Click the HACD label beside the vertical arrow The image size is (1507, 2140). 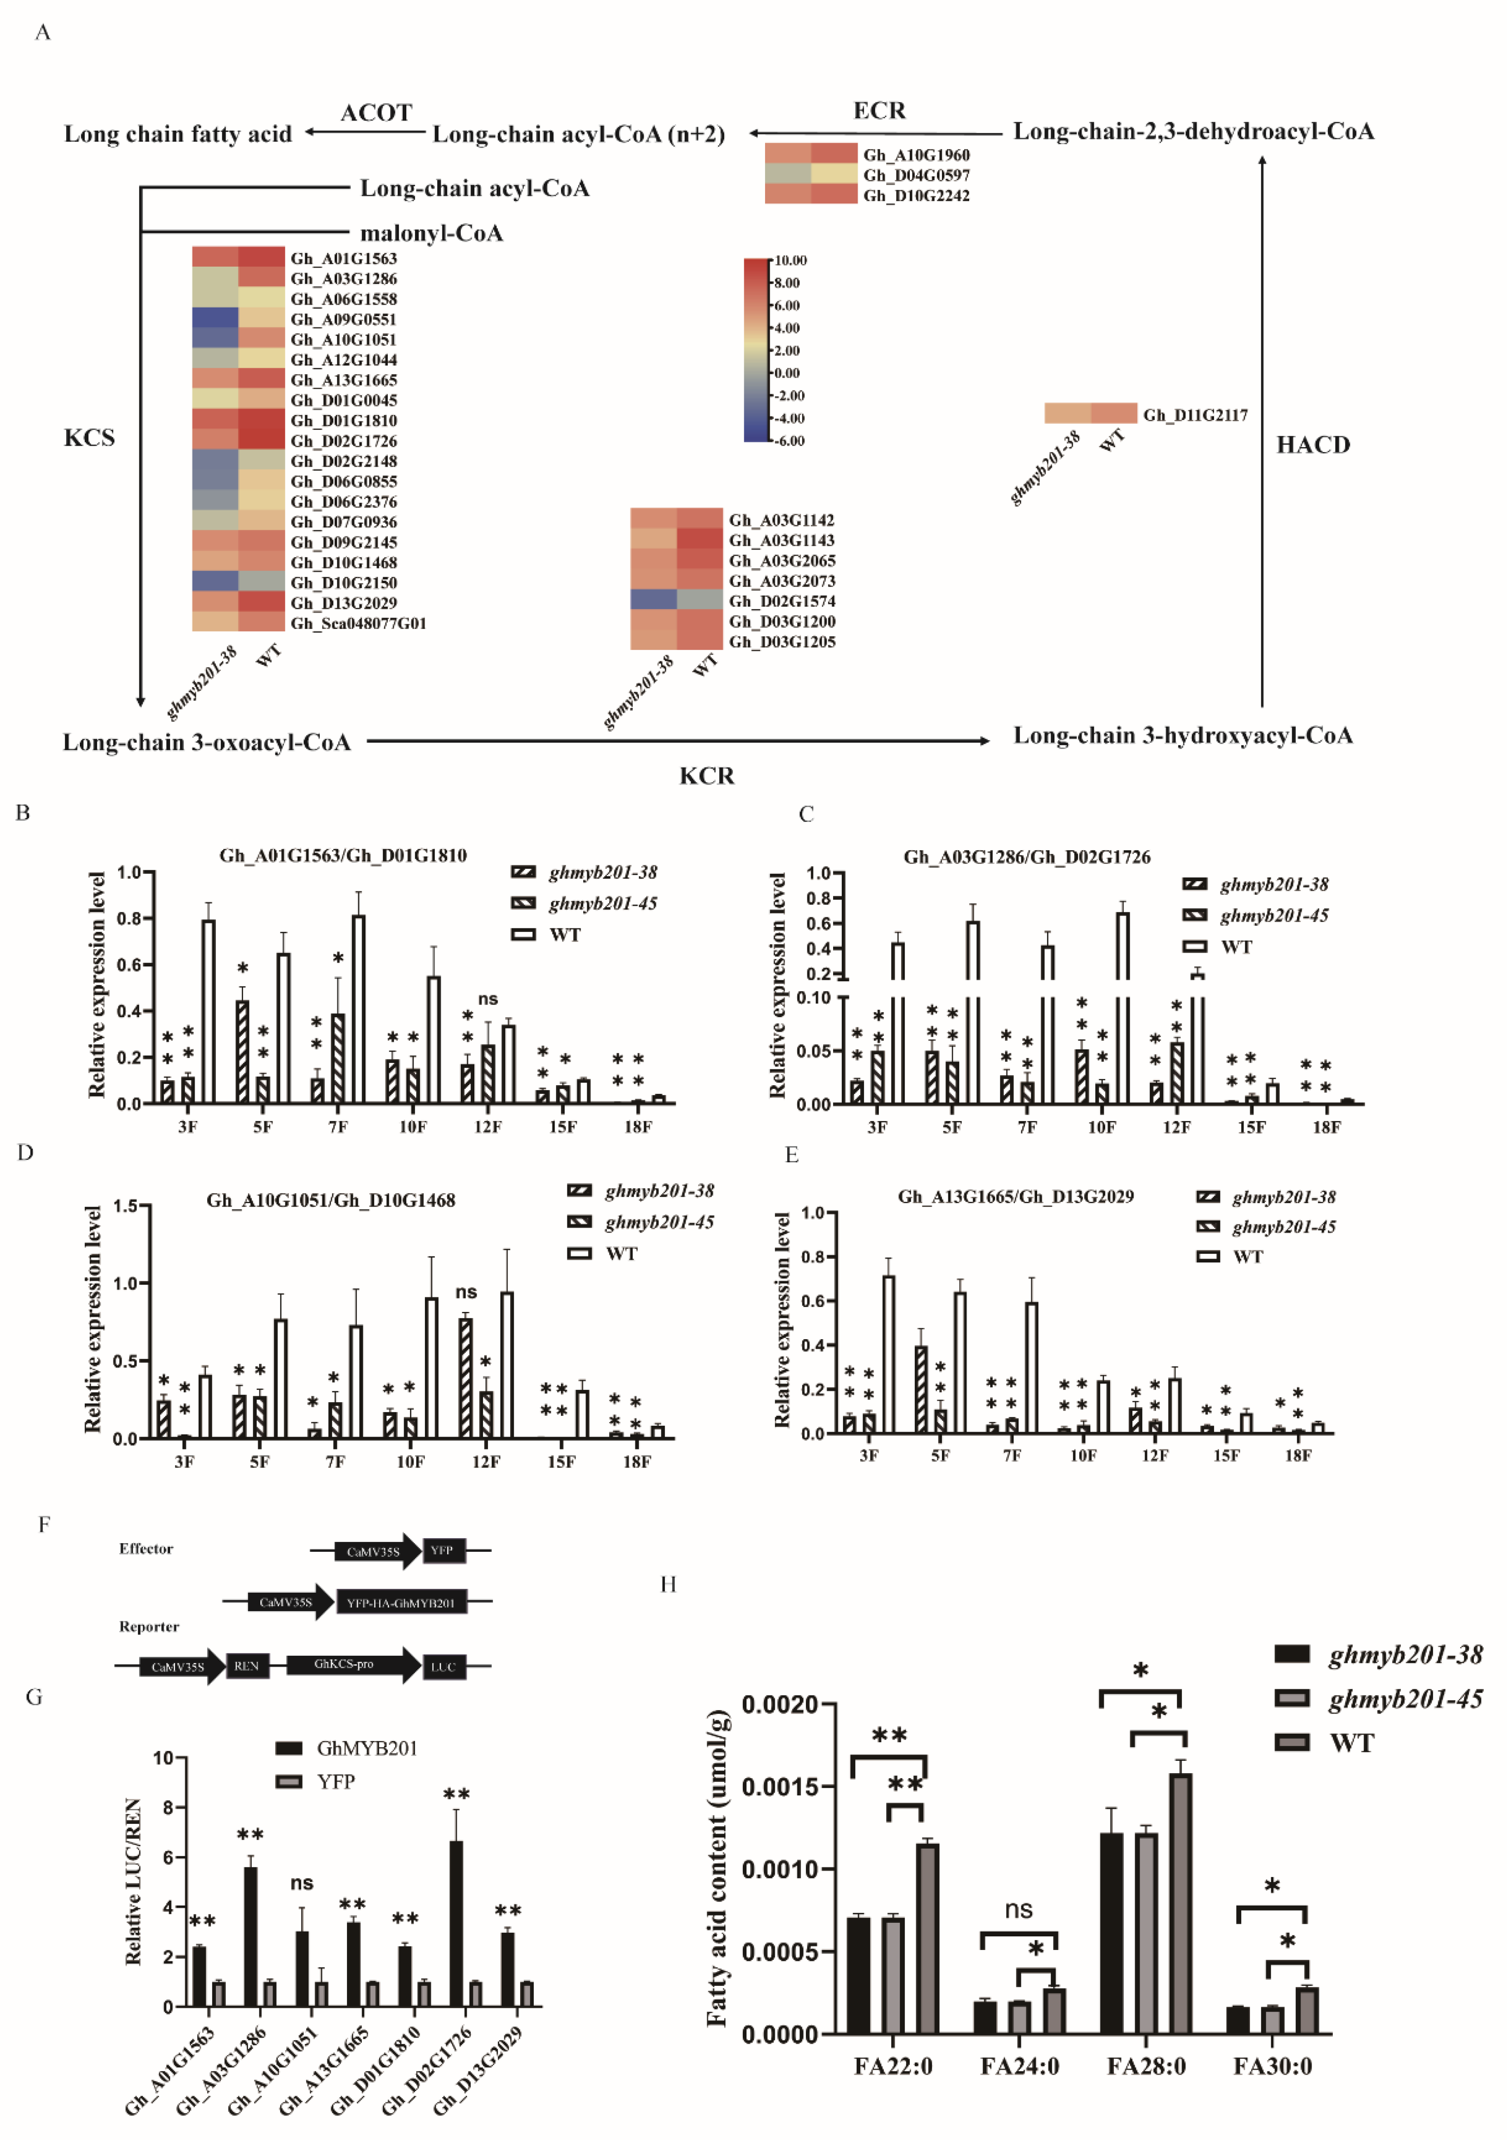coord(1312,444)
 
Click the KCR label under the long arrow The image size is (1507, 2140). coord(707,775)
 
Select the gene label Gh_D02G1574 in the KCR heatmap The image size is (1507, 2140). coord(781,601)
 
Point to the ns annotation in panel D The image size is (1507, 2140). coord(466,1292)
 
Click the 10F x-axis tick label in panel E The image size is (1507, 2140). coord(1083,1455)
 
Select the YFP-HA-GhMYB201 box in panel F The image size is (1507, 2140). coord(401,1602)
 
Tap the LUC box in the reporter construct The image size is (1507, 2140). coord(443,1667)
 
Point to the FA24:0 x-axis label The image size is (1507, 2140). coord(1019,2067)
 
